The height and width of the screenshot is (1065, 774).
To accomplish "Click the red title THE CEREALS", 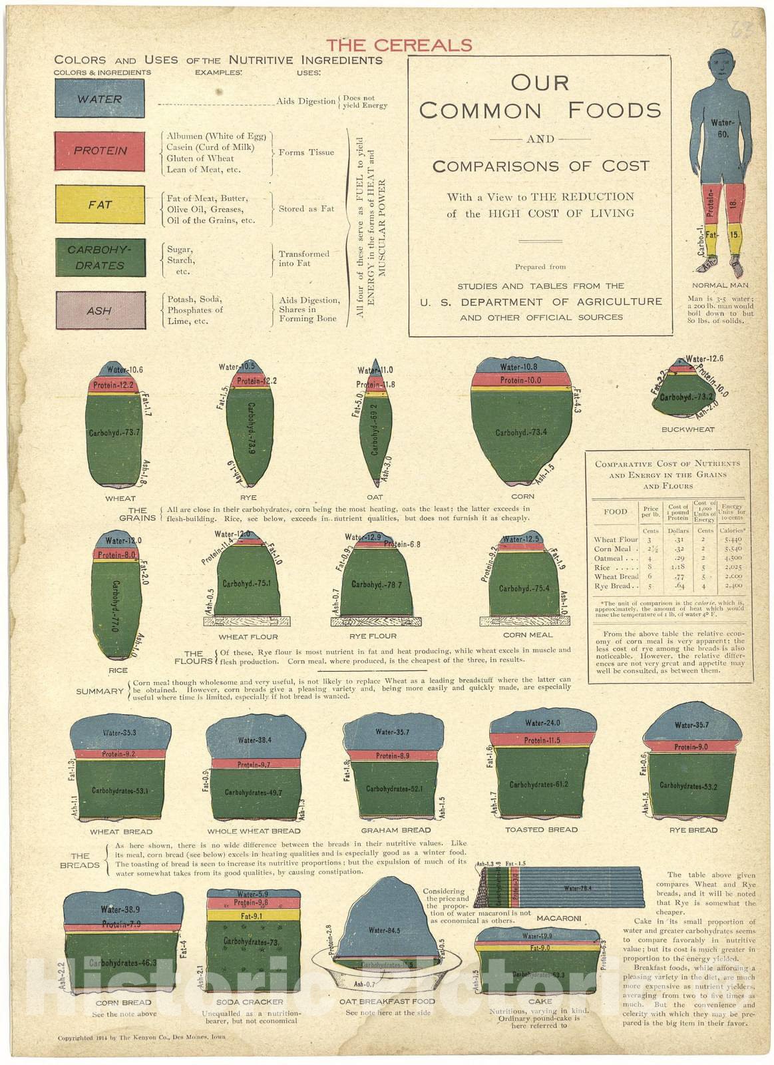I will [399, 45].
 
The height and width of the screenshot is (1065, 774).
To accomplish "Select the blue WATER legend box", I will [100, 99].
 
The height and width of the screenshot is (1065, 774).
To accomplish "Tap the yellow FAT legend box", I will [100, 204].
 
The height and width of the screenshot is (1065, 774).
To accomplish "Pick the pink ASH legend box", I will [100, 310].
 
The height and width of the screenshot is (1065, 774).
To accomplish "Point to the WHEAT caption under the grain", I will [120, 498].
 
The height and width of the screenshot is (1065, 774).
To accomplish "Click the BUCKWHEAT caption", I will [687, 429].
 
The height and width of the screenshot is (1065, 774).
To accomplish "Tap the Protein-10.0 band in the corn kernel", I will [521, 380].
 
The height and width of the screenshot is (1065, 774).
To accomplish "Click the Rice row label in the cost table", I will [602, 568].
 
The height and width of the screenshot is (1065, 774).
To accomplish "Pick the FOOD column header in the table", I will [615, 512].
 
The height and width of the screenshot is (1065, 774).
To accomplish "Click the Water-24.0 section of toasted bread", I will [542, 723].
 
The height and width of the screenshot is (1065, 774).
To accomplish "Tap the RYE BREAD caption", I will [693, 830].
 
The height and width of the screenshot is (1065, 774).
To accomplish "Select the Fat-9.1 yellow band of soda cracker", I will [253, 916].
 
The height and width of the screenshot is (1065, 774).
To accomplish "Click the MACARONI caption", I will [558, 918].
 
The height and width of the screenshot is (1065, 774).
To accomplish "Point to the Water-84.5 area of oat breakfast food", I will [384, 930].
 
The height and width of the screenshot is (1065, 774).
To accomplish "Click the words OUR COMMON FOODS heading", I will [540, 97].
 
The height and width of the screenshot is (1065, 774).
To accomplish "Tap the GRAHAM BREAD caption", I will [395, 830].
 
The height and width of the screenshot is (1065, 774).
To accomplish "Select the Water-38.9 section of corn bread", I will [120, 909].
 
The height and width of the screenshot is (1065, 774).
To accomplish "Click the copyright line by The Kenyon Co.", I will [141, 1037].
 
